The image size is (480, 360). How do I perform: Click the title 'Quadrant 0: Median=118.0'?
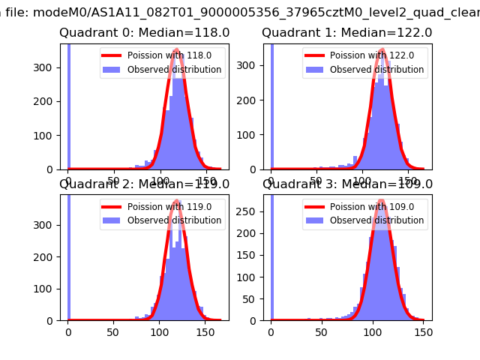pos(145,33)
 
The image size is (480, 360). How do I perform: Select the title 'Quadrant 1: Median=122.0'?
pos(346,33)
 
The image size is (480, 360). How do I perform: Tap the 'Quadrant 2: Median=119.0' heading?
pos(145,184)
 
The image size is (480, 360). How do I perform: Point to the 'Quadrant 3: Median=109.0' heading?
pos(346,184)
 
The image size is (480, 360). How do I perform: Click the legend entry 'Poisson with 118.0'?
pos(163,56)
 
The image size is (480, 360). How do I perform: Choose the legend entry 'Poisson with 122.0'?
pos(365,56)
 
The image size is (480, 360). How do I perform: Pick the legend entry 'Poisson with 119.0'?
pos(163,207)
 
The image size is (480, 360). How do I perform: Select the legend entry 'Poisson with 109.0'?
pos(365,207)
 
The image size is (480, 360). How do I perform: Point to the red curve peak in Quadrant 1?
pos(382,50)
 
